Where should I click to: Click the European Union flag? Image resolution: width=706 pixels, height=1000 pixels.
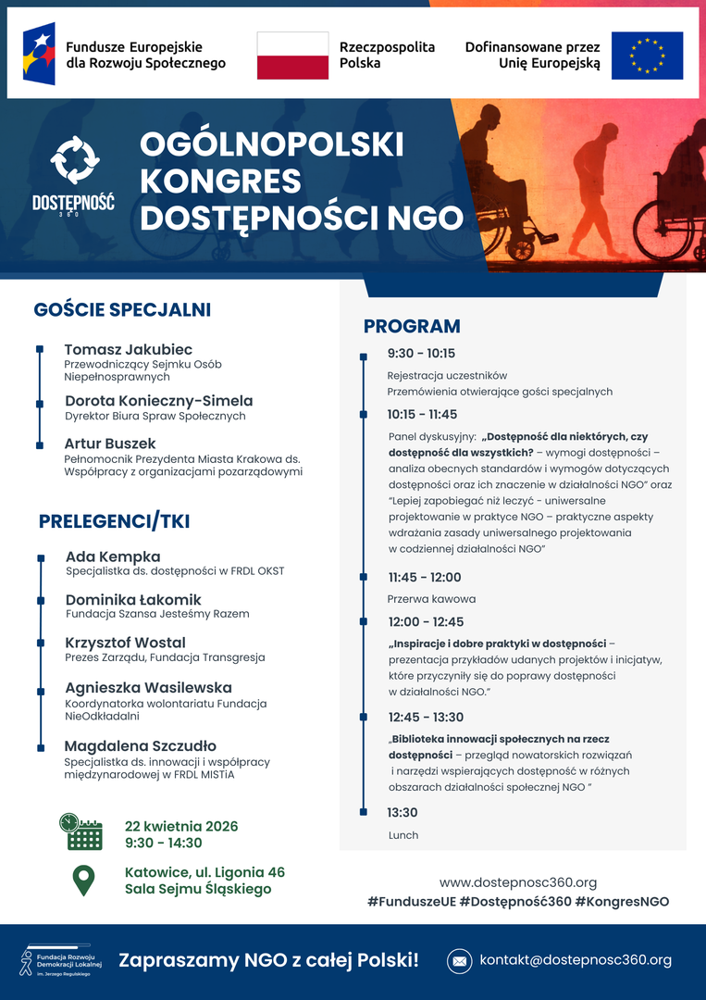(x=647, y=56)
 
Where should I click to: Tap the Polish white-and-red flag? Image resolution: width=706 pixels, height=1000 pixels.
(x=292, y=56)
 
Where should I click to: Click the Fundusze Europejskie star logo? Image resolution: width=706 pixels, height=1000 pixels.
(x=39, y=54)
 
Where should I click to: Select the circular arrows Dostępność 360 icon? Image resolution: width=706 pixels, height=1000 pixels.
(x=74, y=160)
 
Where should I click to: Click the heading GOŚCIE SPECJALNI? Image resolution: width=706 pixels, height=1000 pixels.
(x=122, y=309)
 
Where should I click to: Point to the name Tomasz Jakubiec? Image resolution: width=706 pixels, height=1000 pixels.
(x=129, y=349)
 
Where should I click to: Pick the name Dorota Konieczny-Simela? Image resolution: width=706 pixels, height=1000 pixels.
(x=158, y=401)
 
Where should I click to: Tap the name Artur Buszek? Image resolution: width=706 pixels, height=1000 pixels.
(x=110, y=444)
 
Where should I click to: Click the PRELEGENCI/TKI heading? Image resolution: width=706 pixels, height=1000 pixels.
(x=114, y=521)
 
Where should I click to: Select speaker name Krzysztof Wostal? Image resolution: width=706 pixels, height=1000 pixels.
(x=125, y=643)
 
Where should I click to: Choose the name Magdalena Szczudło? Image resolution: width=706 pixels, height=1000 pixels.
(x=140, y=745)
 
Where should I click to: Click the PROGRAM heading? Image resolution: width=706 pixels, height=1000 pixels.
(x=412, y=326)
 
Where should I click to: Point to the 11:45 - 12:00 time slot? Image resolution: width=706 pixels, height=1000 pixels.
(x=425, y=577)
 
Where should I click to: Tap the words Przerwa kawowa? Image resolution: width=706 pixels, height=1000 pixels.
(x=431, y=599)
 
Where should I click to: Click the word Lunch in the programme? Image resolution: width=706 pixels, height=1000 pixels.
(x=403, y=835)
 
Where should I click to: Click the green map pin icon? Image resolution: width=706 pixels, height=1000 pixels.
(x=83, y=880)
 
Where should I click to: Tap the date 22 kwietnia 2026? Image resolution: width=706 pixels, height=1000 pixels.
(x=181, y=826)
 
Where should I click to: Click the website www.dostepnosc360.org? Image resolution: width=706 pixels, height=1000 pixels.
(x=517, y=882)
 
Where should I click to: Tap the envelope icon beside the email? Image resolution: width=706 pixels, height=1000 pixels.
(x=459, y=961)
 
